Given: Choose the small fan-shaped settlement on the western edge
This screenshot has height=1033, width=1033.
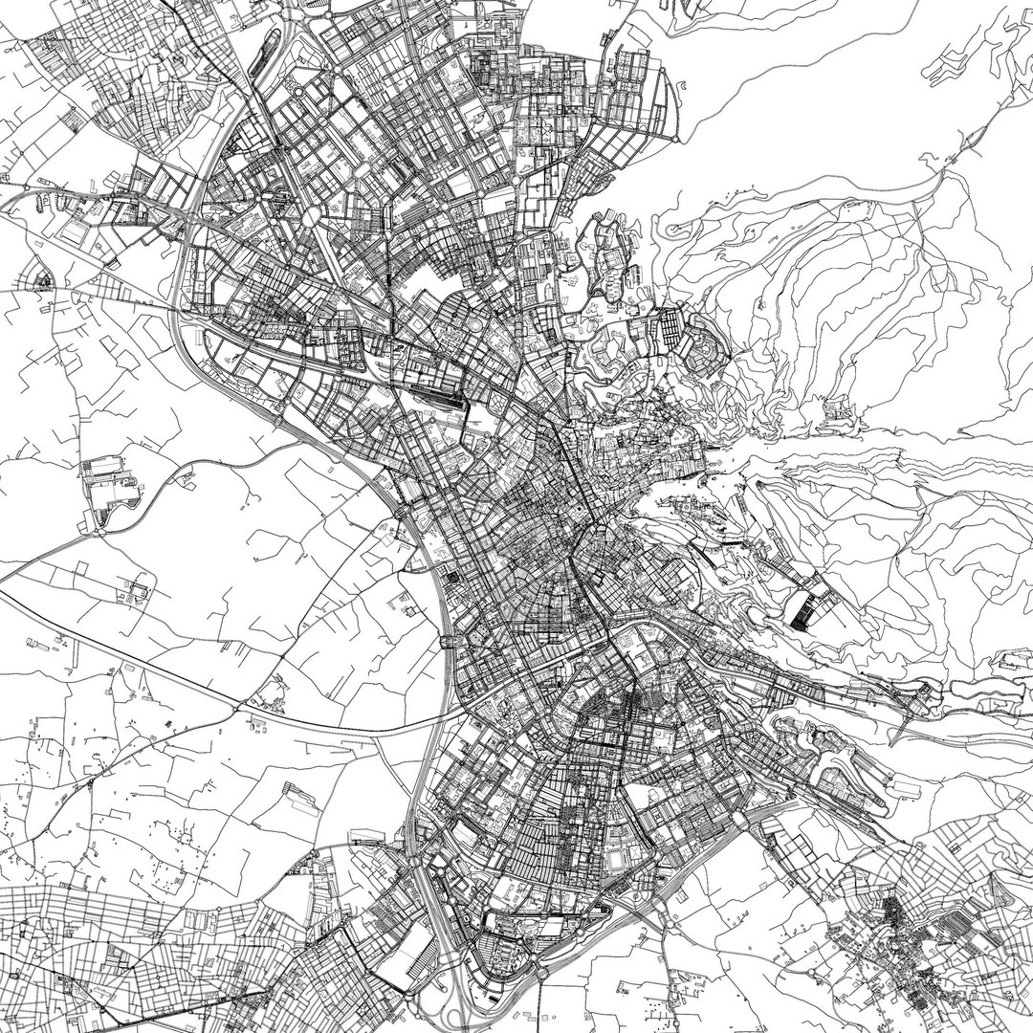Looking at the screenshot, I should (x=43, y=281).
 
